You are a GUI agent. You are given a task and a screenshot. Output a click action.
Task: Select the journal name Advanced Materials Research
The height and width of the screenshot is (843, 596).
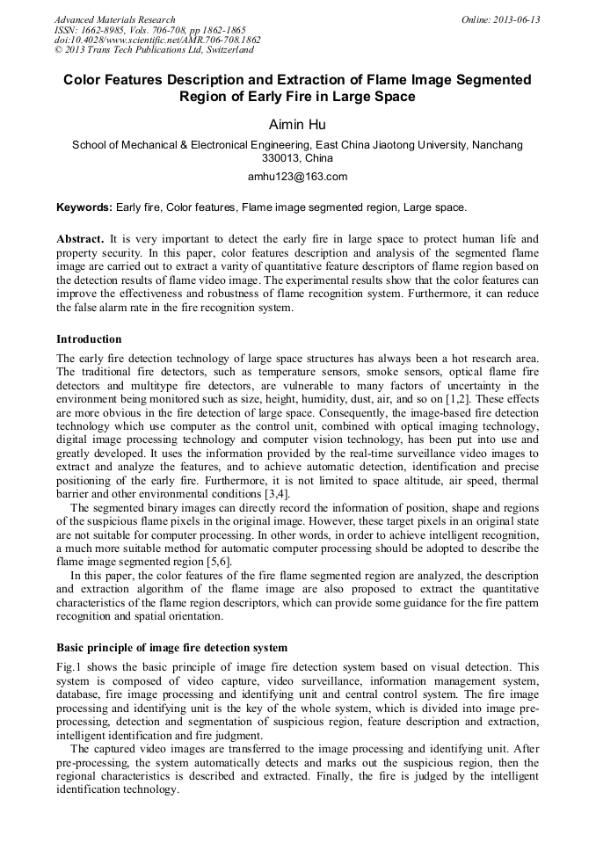114,19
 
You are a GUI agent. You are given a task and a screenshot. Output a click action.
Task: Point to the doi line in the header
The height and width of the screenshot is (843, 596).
157,40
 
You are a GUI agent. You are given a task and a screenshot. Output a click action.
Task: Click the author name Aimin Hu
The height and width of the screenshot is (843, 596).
297,125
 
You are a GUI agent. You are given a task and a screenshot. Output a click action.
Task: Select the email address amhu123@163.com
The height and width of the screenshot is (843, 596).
297,177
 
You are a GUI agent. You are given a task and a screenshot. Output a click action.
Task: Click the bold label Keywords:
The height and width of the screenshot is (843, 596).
84,208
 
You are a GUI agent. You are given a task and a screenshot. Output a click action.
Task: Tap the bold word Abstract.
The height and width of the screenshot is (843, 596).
80,239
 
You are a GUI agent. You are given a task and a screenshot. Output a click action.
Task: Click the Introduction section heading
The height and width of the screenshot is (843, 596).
89,339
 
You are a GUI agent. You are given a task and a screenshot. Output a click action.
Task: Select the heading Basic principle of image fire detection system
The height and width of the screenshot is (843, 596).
171,648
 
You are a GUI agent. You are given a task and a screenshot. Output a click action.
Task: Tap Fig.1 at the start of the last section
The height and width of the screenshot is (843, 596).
69,667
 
